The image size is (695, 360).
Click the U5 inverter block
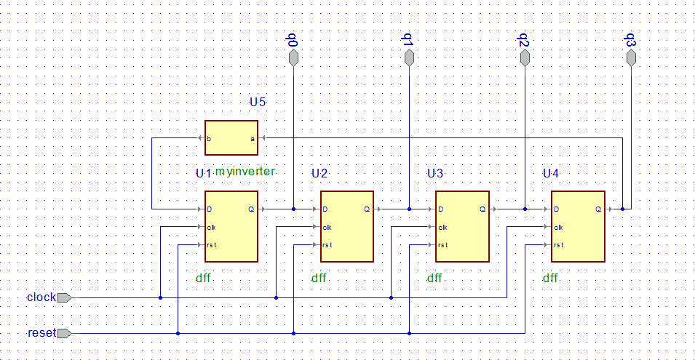[231, 137]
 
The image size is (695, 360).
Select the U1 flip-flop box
[231, 226]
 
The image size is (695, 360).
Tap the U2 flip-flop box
[346, 226]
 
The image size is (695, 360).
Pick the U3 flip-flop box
[461, 226]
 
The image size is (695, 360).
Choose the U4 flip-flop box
[577, 226]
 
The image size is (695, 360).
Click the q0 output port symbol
[293, 59]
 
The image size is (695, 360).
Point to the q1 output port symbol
[409, 59]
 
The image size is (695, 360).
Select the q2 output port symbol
[525, 59]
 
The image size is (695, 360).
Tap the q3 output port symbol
[631, 59]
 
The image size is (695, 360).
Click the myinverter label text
[245, 172]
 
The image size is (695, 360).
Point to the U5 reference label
[258, 103]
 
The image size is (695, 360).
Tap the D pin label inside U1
[210, 209]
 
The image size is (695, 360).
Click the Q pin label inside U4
[598, 209]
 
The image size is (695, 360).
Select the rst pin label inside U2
[328, 245]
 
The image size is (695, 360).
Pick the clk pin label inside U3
[442, 228]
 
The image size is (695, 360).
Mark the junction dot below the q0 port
[293, 209]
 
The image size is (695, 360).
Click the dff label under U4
[550, 278]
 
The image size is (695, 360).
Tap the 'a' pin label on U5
[253, 138]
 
